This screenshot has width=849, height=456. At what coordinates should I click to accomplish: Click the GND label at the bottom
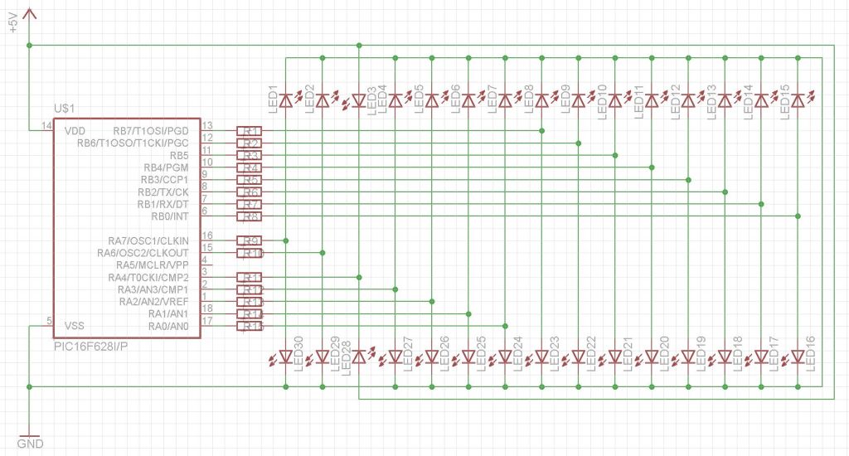pos(29,444)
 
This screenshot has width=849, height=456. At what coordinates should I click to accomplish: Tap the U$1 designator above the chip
pos(65,109)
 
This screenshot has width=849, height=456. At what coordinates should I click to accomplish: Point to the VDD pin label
pos(75,131)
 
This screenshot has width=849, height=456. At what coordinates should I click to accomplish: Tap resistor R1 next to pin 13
pos(250,131)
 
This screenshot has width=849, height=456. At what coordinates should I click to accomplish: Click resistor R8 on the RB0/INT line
pos(250,216)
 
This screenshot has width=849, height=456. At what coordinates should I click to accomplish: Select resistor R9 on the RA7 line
pos(250,240)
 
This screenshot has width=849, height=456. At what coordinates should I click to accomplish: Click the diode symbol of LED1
pos(286,100)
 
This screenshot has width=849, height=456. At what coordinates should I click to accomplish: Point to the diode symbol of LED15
pos(798,100)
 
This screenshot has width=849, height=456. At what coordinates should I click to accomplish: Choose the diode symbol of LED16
pos(798,357)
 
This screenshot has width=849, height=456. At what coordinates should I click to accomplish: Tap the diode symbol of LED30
pos(286,357)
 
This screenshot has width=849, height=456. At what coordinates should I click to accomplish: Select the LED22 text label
pos(591,352)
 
